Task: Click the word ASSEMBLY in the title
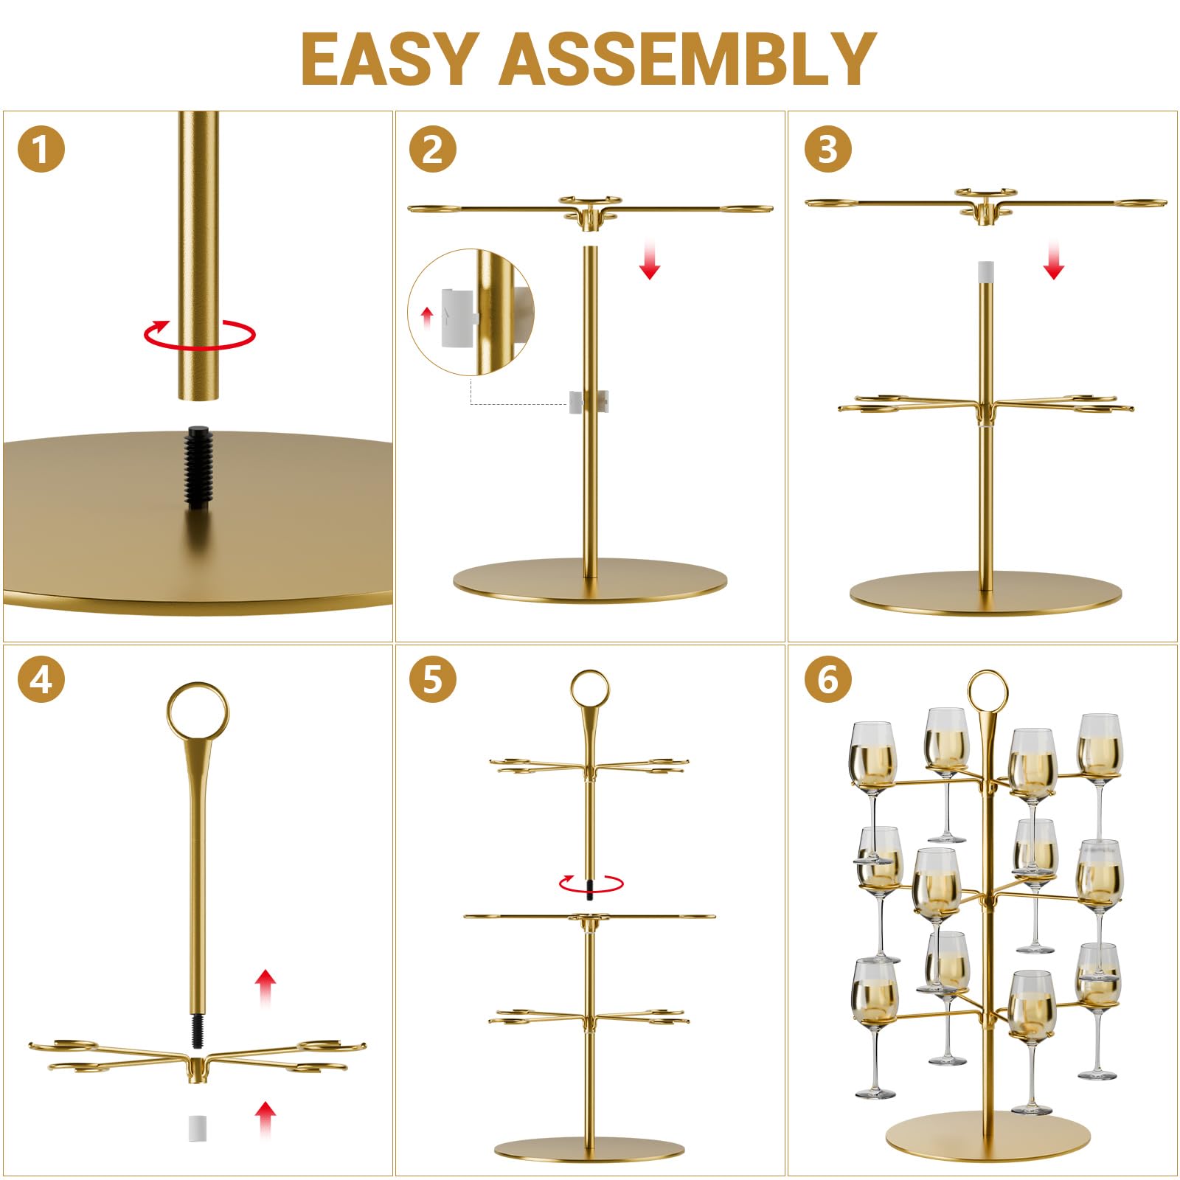click(688, 59)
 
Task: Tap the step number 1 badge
click(41, 149)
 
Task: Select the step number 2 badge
click(433, 149)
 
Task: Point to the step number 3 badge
click(828, 149)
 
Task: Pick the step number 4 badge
click(41, 679)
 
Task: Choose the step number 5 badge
click(433, 679)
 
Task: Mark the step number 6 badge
click(828, 679)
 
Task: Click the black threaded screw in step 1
click(198, 468)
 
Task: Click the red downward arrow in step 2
click(649, 258)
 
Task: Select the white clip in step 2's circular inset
click(457, 318)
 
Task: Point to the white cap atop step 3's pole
click(985, 270)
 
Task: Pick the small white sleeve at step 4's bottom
click(196, 1126)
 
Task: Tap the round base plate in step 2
click(590, 580)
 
